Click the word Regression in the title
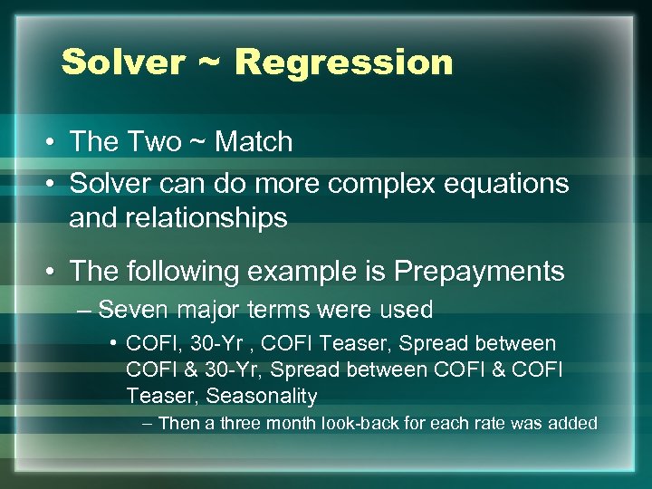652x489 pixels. pyautogui.click(x=343, y=62)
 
